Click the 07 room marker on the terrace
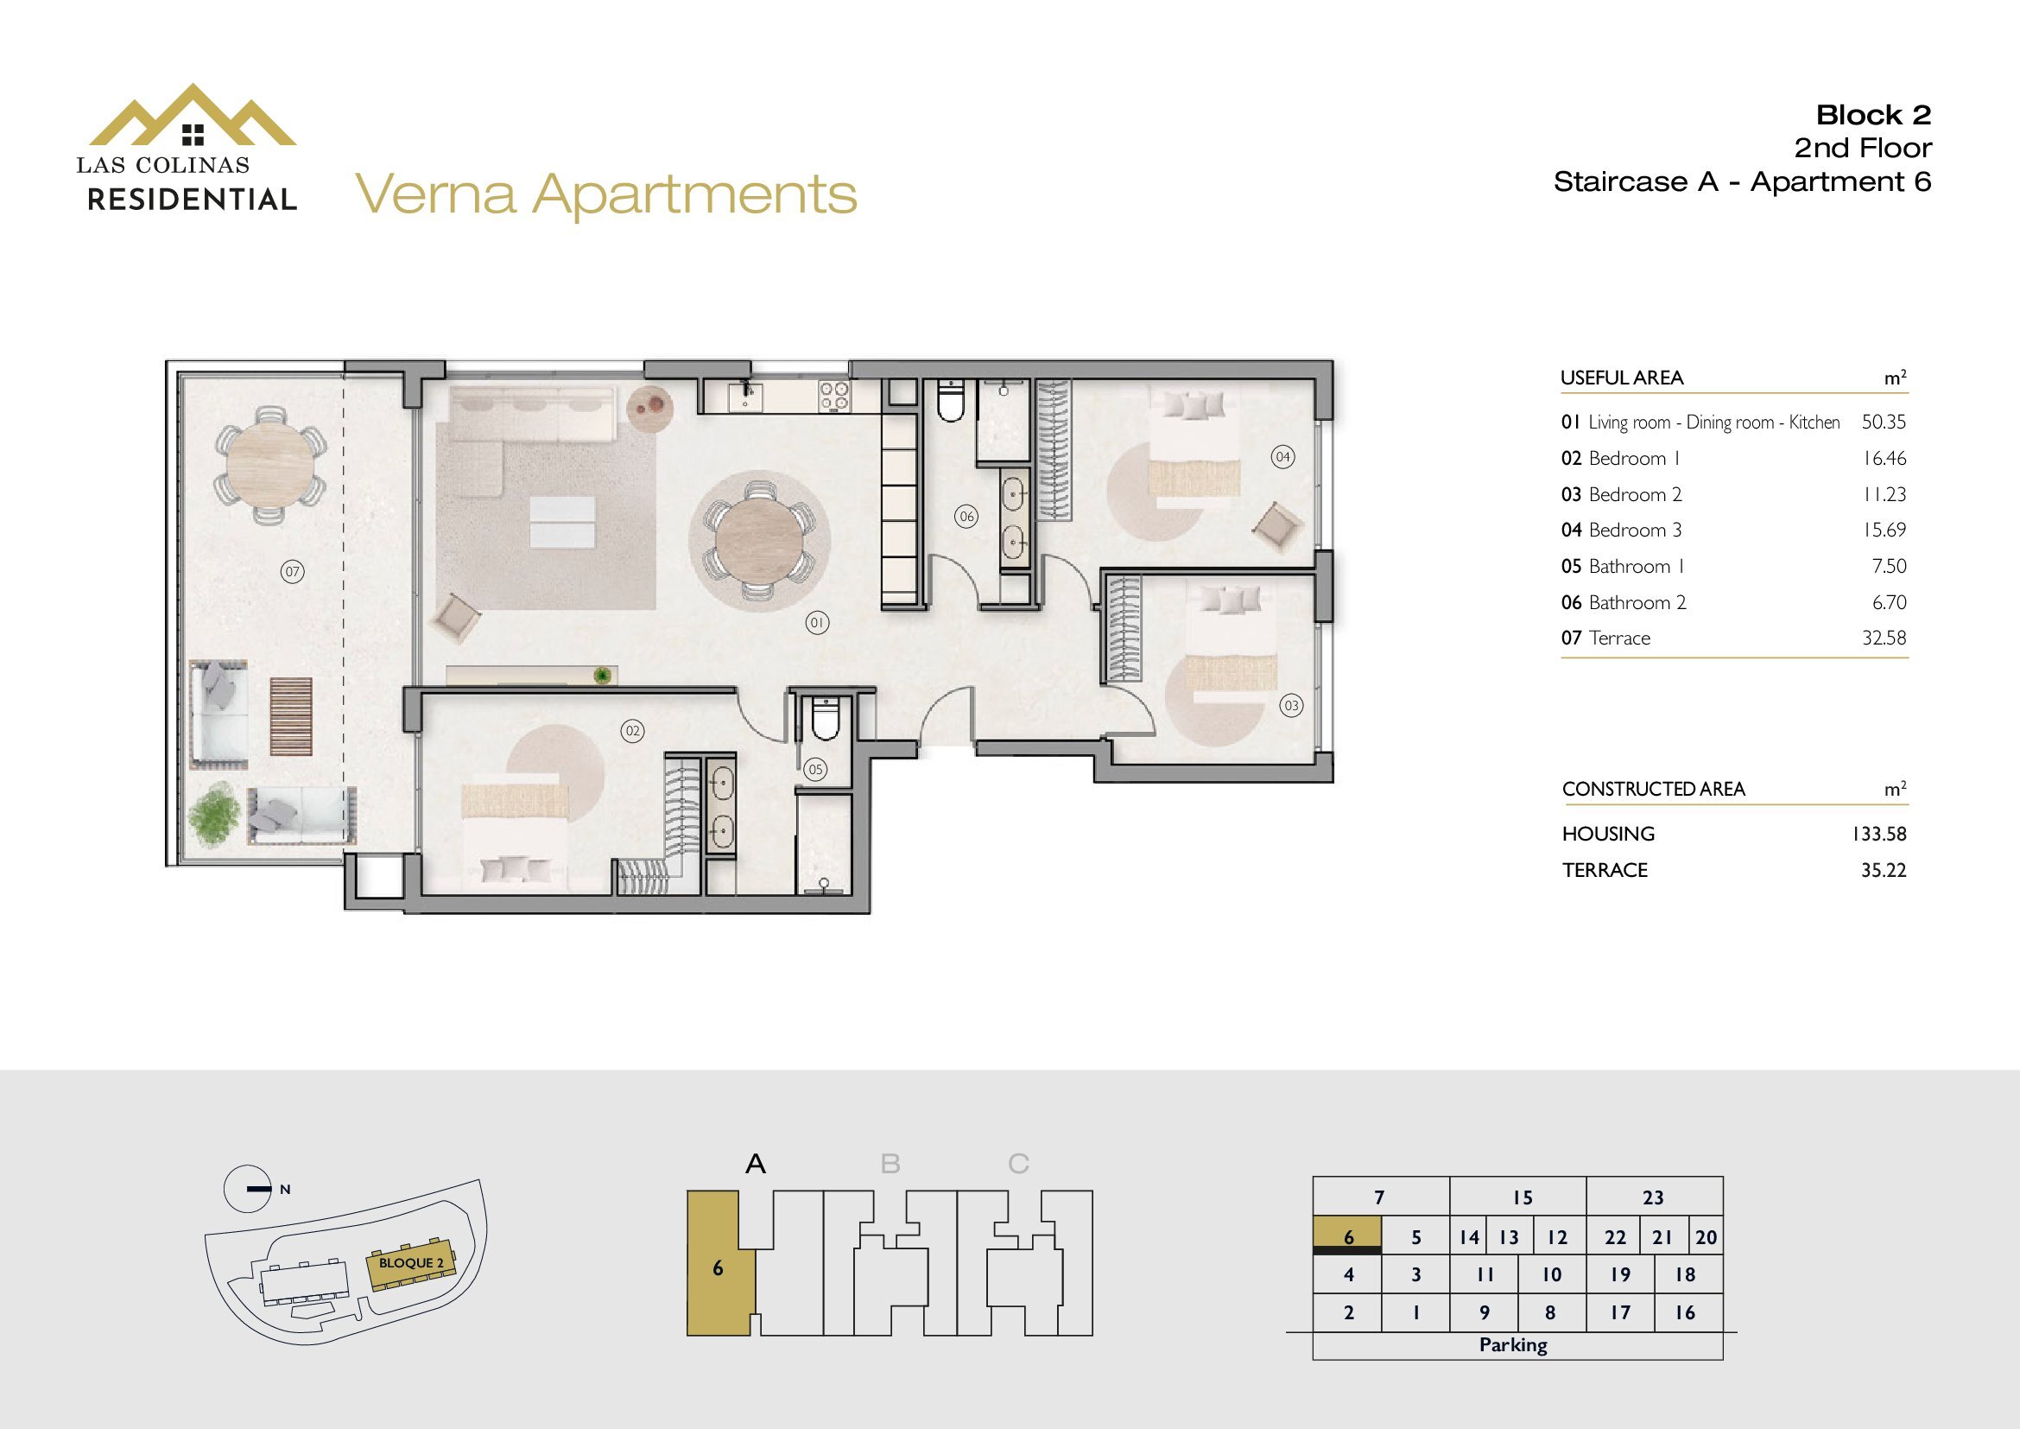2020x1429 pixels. click(292, 572)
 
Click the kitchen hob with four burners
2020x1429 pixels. click(833, 396)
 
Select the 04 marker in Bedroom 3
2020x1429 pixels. click(1282, 457)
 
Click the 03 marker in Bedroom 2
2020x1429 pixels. click(1290, 705)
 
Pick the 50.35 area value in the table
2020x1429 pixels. click(1883, 422)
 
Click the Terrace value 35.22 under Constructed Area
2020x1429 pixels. click(1883, 869)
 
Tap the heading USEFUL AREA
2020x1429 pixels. click(1622, 378)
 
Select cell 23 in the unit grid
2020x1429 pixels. click(1653, 1197)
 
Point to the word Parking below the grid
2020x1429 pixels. click(1513, 1344)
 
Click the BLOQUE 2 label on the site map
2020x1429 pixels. click(412, 1263)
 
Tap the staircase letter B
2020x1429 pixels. click(890, 1164)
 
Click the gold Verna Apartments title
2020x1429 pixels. click(606, 194)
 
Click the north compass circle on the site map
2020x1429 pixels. click(248, 1189)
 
